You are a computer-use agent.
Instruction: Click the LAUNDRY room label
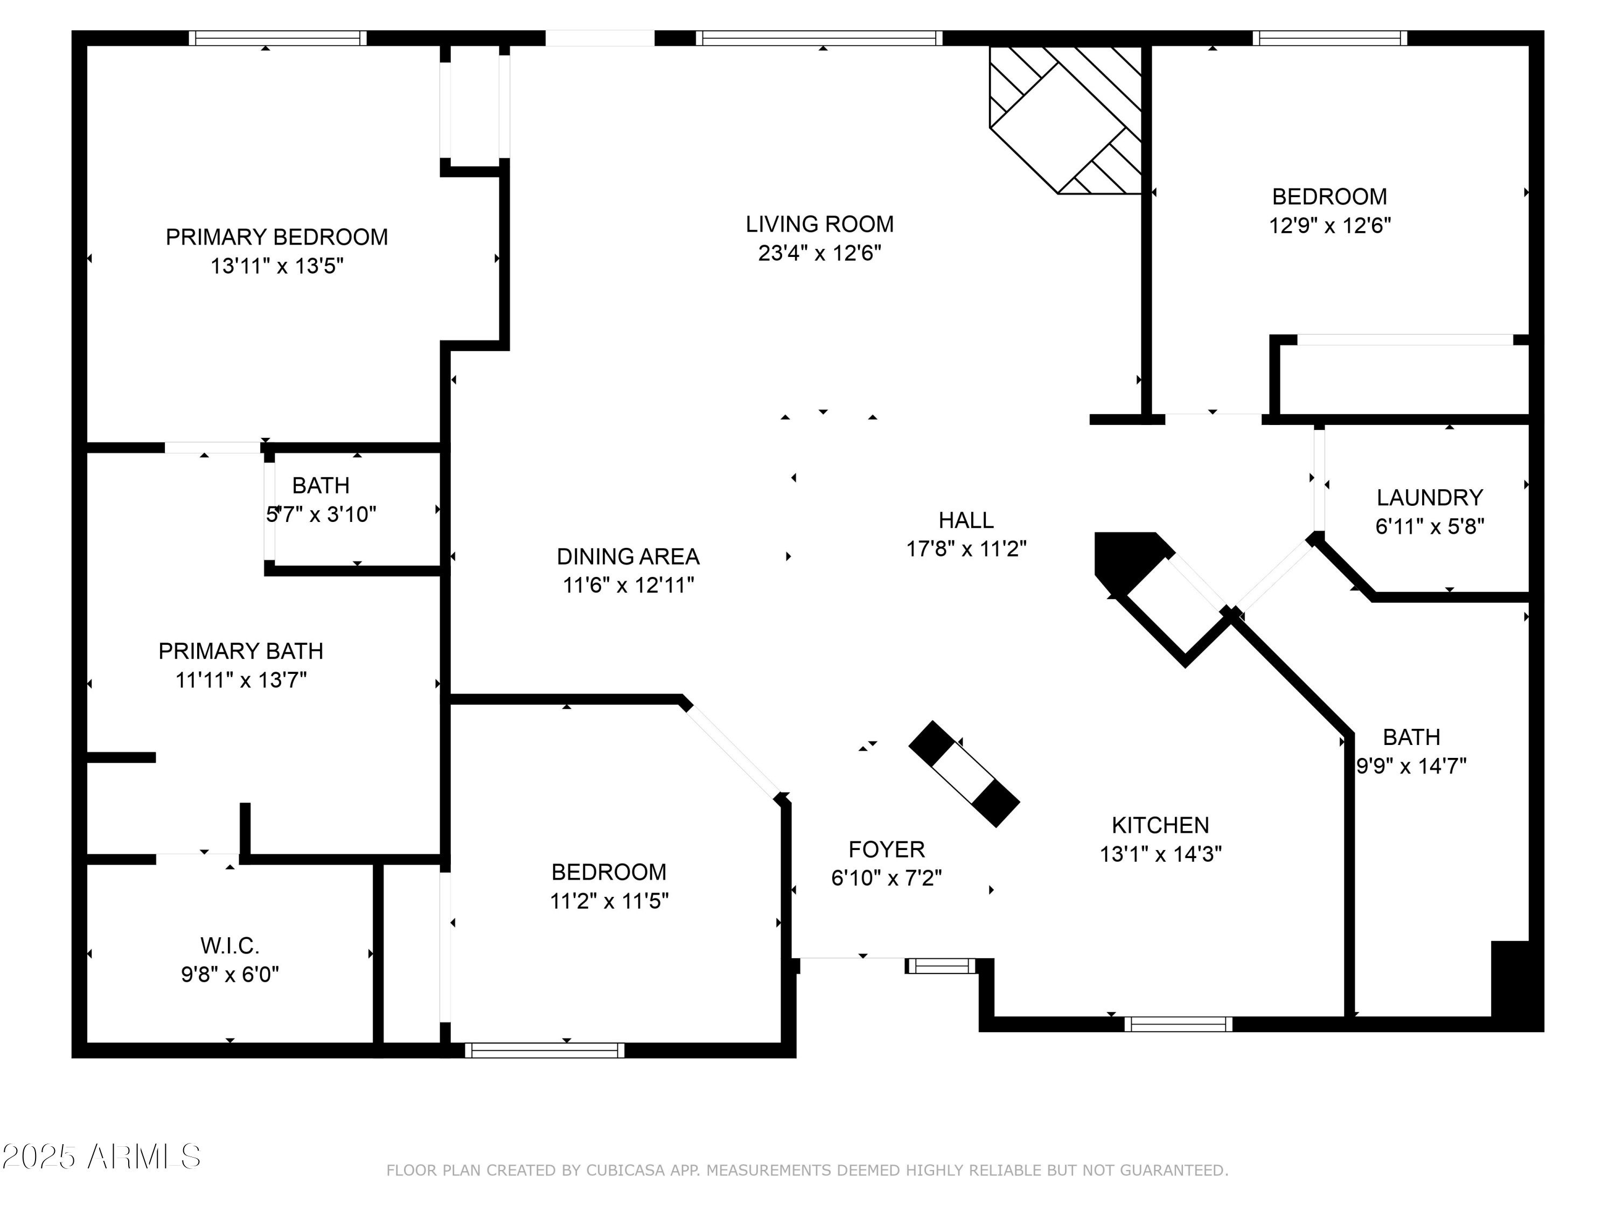1429,498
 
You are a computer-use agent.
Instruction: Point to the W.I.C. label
230,946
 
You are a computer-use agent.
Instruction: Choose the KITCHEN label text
1160,826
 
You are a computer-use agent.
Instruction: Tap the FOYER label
886,849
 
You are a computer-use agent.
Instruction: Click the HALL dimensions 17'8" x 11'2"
966,549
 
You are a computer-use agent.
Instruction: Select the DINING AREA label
628,556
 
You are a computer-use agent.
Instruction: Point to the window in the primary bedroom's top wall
277,38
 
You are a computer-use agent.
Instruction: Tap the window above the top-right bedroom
1329,38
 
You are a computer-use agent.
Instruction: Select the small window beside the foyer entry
941,966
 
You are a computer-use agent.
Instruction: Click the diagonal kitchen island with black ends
964,775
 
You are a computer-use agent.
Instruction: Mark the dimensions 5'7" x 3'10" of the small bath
322,515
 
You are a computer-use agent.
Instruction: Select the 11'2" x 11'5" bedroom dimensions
609,902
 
